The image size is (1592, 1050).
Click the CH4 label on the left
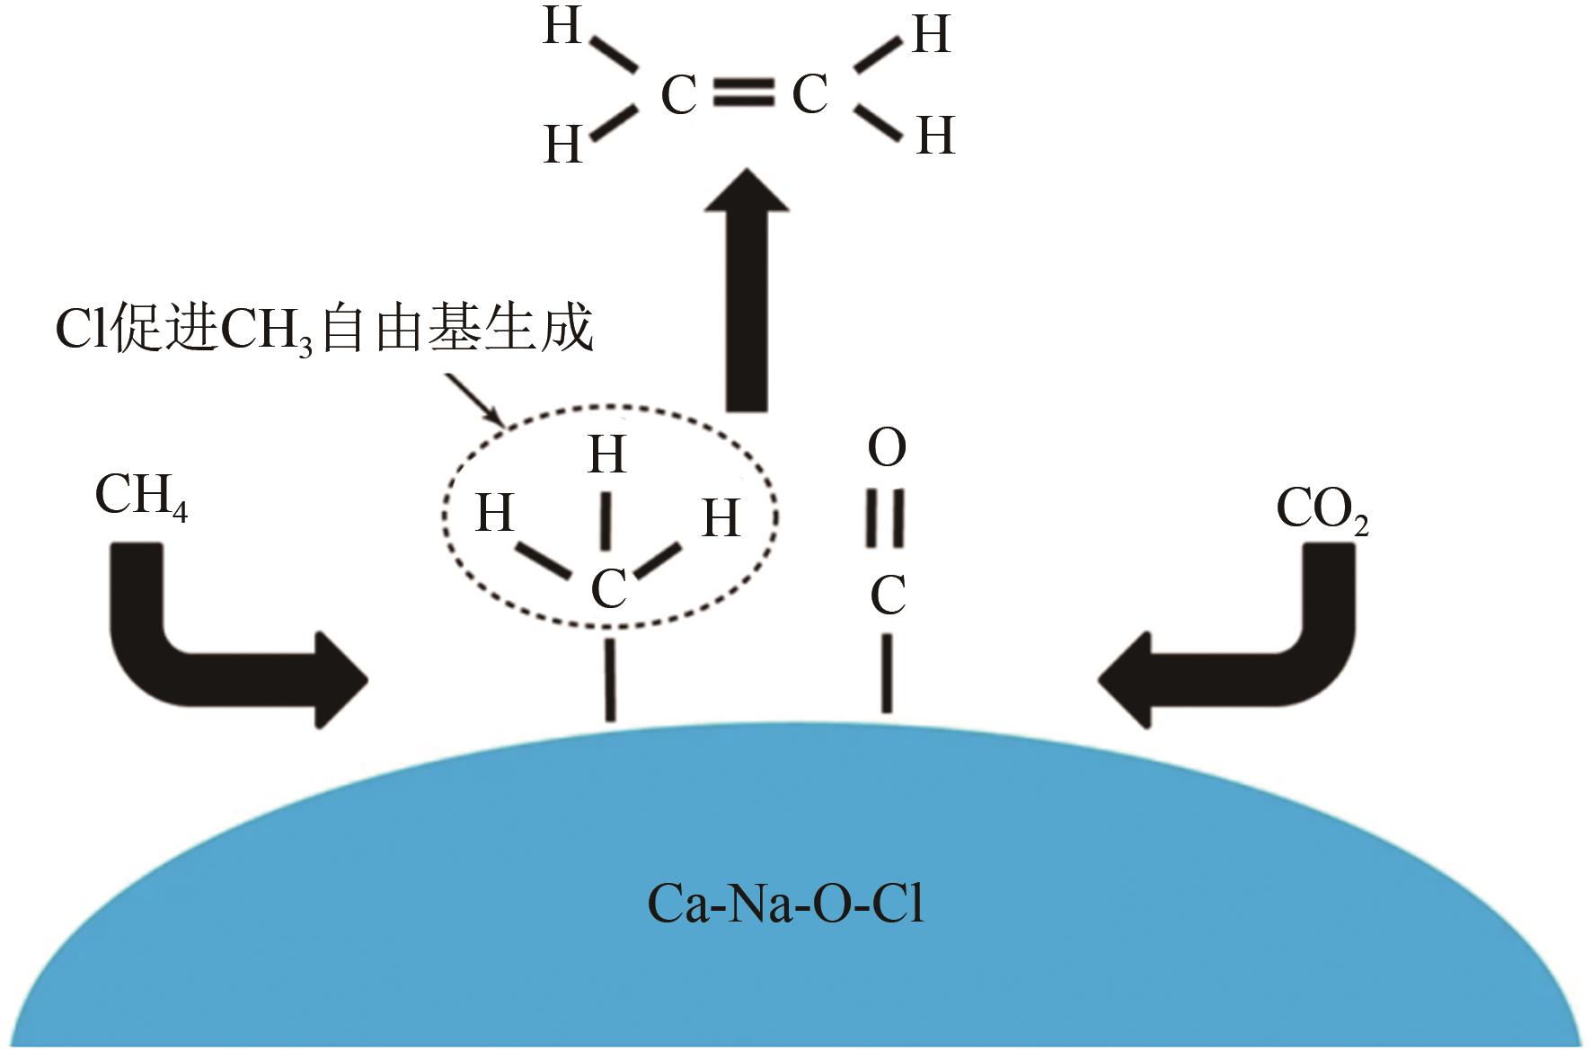pyautogui.click(x=141, y=497)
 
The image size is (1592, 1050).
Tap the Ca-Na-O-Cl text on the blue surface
pyautogui.click(x=785, y=905)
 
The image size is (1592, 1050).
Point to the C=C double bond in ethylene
pyautogui.click(x=744, y=93)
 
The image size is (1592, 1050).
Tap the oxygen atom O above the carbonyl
pyautogui.click(x=887, y=449)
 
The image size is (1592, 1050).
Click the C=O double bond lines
pyautogui.click(x=885, y=520)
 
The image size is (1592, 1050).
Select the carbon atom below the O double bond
pyautogui.click(x=888, y=595)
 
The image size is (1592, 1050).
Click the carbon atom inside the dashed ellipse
pyautogui.click(x=608, y=590)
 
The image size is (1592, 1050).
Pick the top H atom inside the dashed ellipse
pyautogui.click(x=607, y=455)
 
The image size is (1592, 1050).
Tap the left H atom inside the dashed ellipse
pyautogui.click(x=495, y=514)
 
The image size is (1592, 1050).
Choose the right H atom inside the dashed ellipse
pyautogui.click(x=721, y=518)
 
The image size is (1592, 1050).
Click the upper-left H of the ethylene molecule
pyautogui.click(x=563, y=27)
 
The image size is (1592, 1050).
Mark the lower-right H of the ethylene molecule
pyautogui.click(x=935, y=137)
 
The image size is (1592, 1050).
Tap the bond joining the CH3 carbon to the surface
pyautogui.click(x=610, y=680)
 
